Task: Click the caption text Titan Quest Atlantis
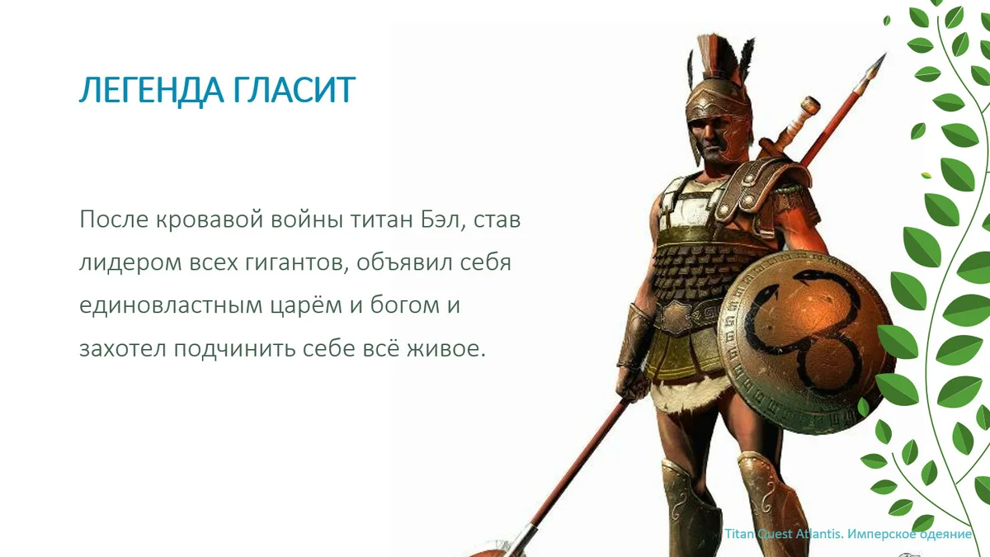coord(780,534)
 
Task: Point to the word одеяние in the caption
coord(940,534)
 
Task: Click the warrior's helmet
coord(719,107)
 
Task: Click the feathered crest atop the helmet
coord(714,54)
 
